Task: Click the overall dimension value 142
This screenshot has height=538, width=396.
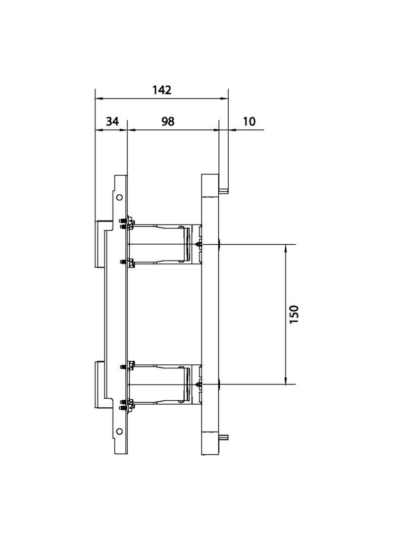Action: click(162, 90)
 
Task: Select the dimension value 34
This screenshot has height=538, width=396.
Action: click(112, 122)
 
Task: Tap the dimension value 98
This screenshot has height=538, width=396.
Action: click(168, 122)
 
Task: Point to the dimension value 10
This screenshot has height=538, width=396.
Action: click(249, 122)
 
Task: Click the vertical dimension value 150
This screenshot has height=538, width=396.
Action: click(294, 314)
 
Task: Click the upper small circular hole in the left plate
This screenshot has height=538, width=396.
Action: click(119, 197)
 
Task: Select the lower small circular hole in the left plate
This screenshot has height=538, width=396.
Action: click(119, 431)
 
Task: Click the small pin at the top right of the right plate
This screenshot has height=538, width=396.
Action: click(224, 190)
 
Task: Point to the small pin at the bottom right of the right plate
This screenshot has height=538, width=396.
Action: click(224, 437)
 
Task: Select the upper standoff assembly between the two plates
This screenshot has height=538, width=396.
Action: click(162, 244)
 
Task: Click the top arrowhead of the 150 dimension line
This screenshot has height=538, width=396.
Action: click(286, 248)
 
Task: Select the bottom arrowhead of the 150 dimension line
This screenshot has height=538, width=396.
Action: click(286, 381)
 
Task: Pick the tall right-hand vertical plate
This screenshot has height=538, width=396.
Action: click(210, 313)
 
